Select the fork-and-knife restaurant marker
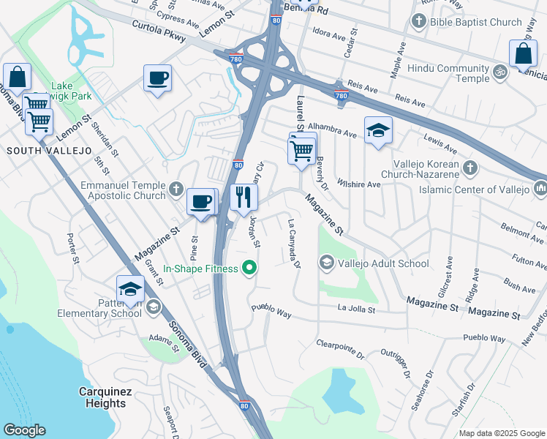pyautogui.click(x=244, y=198)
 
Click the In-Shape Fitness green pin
pyautogui.click(x=249, y=269)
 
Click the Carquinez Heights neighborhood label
pyautogui.click(x=105, y=397)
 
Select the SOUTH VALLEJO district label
pyautogui.click(x=50, y=151)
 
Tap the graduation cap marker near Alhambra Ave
pyautogui.click(x=377, y=131)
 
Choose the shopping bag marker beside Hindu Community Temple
pyautogui.click(x=524, y=53)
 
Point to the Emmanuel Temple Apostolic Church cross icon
pyautogui.click(x=176, y=190)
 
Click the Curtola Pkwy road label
pyautogui.click(x=159, y=30)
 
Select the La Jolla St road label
pyautogui.click(x=356, y=310)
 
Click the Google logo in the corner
pyautogui.click(x=25, y=430)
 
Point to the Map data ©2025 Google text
pyautogui.click(x=501, y=433)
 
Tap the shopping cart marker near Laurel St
pyautogui.click(x=301, y=151)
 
